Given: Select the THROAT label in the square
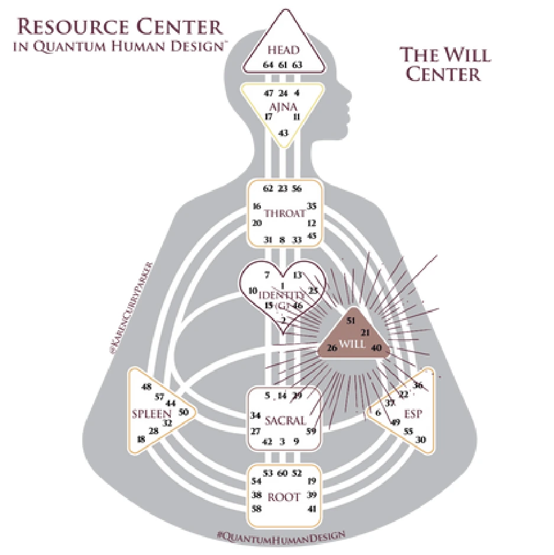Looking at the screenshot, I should (284, 214).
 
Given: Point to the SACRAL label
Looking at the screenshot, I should (285, 421).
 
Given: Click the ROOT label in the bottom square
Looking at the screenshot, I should (285, 497).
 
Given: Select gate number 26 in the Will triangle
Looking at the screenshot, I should (332, 348).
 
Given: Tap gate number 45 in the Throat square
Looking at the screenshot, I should (312, 235).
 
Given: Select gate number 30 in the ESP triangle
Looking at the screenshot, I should (422, 440).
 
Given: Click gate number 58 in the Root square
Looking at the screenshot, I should (257, 508).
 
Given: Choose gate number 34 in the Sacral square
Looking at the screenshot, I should (255, 415).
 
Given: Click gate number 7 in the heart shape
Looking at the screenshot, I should (267, 275).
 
